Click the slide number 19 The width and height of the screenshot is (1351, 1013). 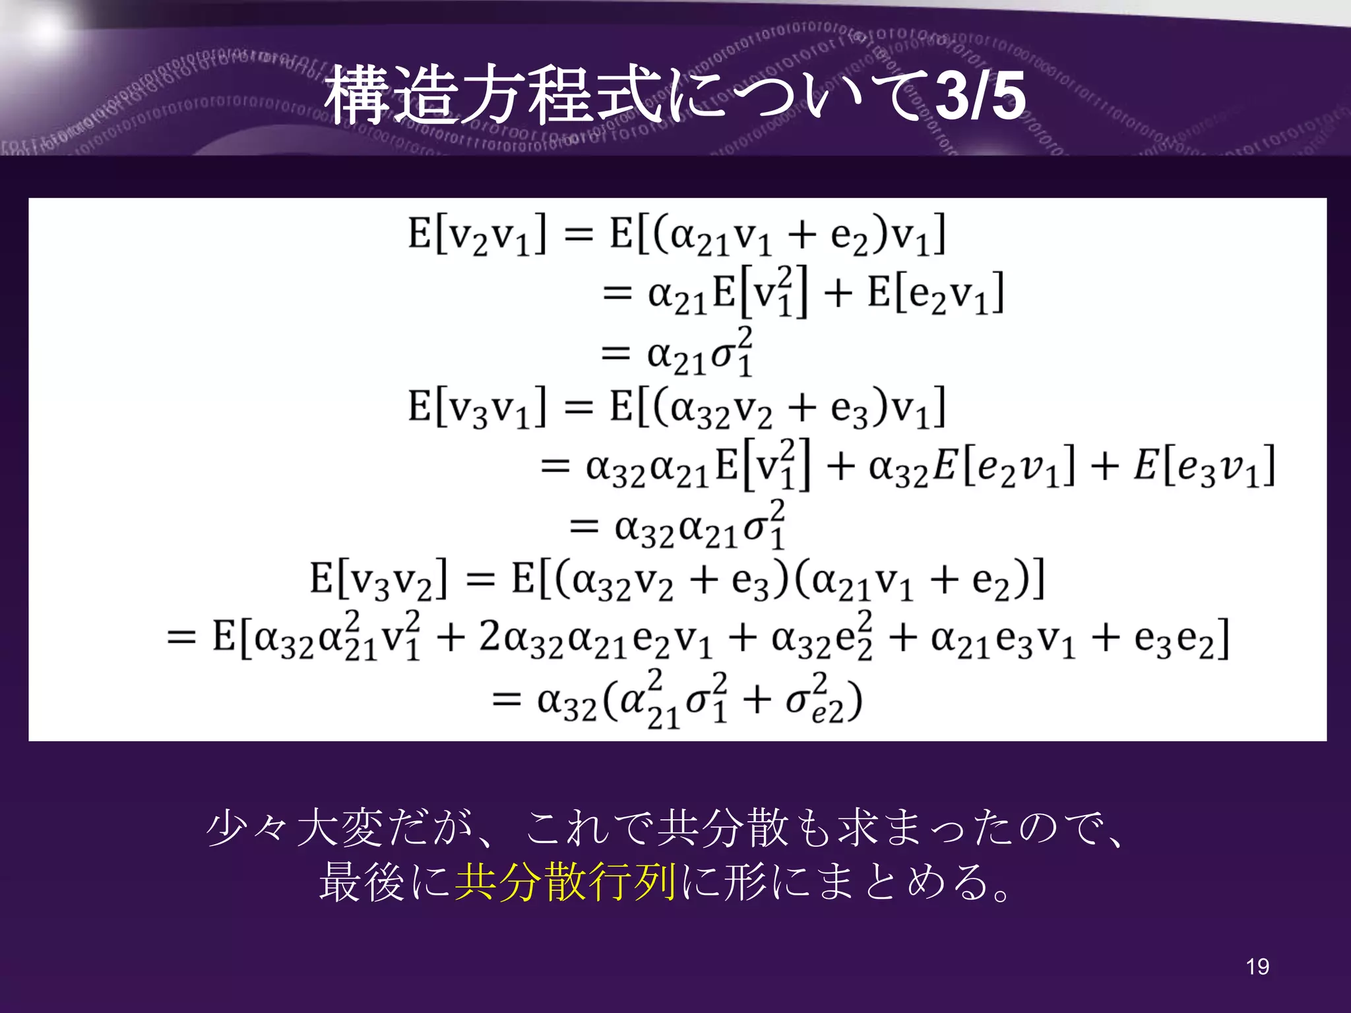pyautogui.click(x=1257, y=967)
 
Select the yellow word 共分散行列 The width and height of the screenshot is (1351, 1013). pyautogui.click(x=565, y=882)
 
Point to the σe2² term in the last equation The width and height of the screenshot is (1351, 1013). pyautogui.click(x=816, y=700)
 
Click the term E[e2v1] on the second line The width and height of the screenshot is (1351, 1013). pyautogui.click(x=935, y=294)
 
